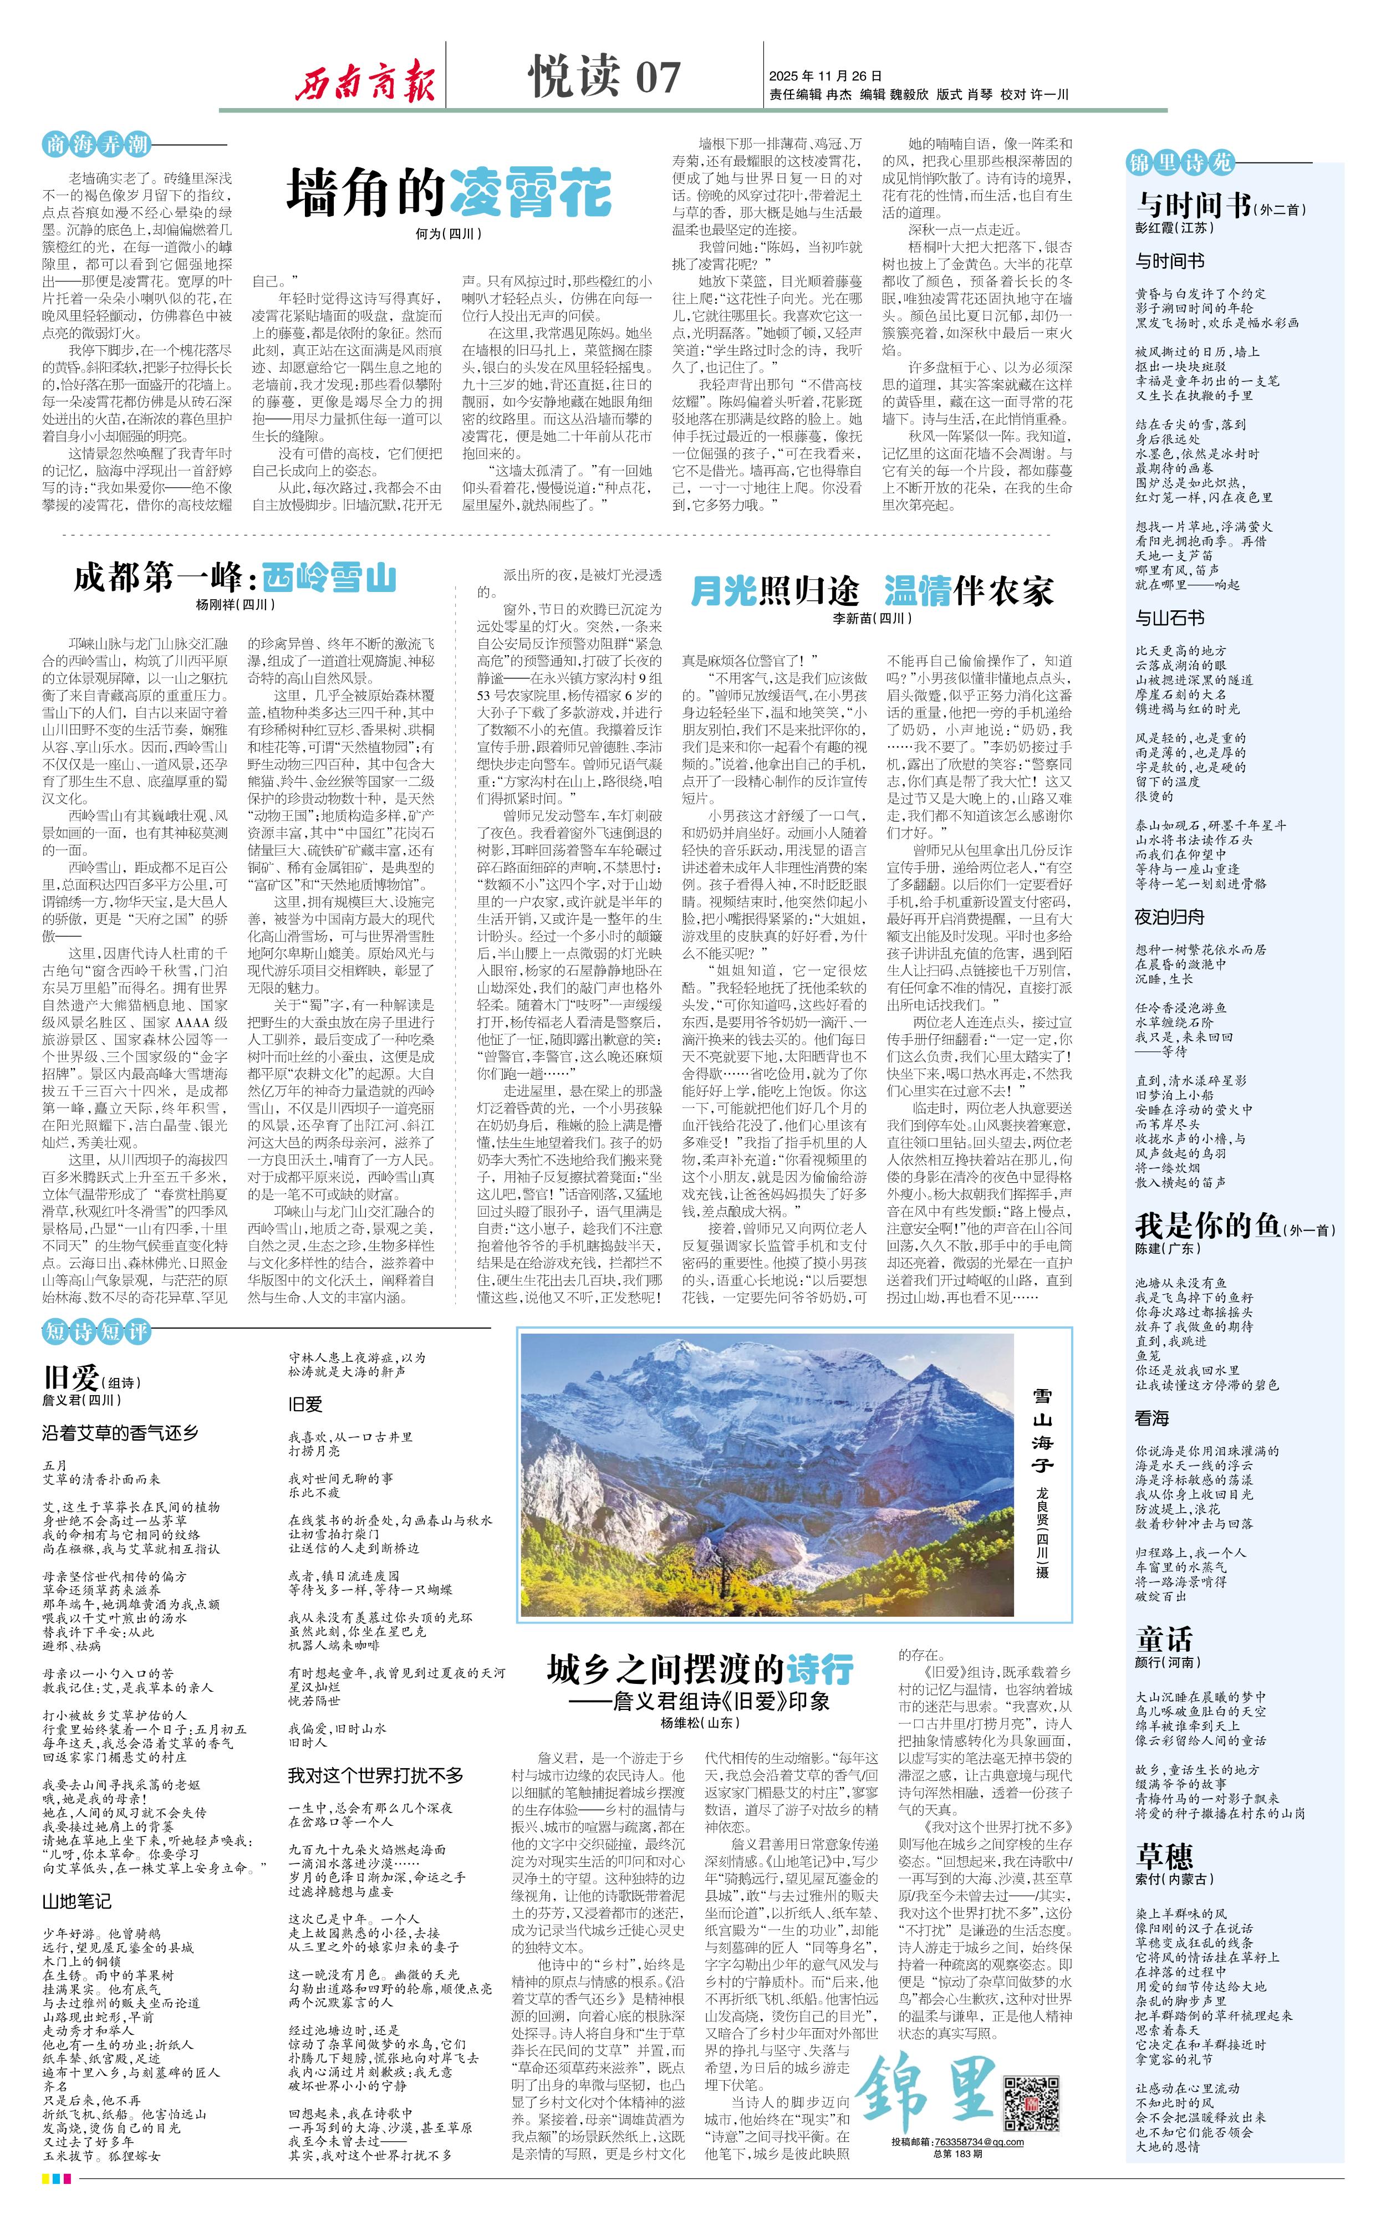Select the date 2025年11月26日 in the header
tap(825, 76)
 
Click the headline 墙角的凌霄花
tap(449, 192)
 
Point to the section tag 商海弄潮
tap(96, 144)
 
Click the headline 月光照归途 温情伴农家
tap(871, 591)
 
